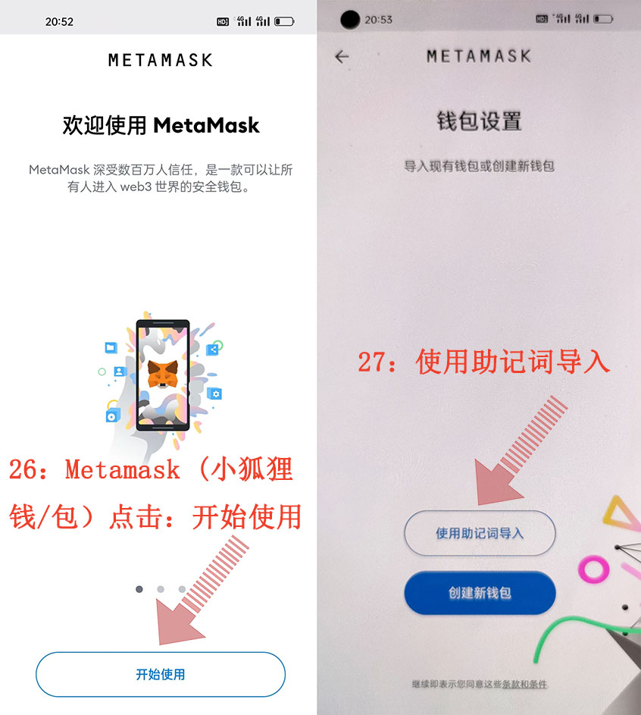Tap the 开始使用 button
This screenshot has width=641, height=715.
click(161, 674)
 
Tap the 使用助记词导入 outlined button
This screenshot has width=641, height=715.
click(480, 533)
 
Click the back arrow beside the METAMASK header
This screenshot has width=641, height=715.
click(342, 57)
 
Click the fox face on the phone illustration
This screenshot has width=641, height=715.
click(163, 374)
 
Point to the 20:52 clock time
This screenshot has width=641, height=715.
click(59, 21)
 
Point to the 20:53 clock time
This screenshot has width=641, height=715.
click(378, 20)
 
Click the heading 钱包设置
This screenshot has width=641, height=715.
click(480, 121)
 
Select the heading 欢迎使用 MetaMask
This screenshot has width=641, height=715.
click(161, 125)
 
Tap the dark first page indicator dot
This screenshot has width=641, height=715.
click(139, 589)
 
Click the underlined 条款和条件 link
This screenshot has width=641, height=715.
click(525, 684)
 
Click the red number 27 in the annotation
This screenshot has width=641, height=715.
click(371, 362)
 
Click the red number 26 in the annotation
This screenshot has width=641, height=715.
click(22, 469)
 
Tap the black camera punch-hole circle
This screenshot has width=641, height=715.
click(350, 20)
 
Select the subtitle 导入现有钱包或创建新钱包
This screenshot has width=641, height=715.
click(480, 166)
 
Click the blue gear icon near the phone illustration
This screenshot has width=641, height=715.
click(214, 394)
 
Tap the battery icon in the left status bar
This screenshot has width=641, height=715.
click(284, 21)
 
